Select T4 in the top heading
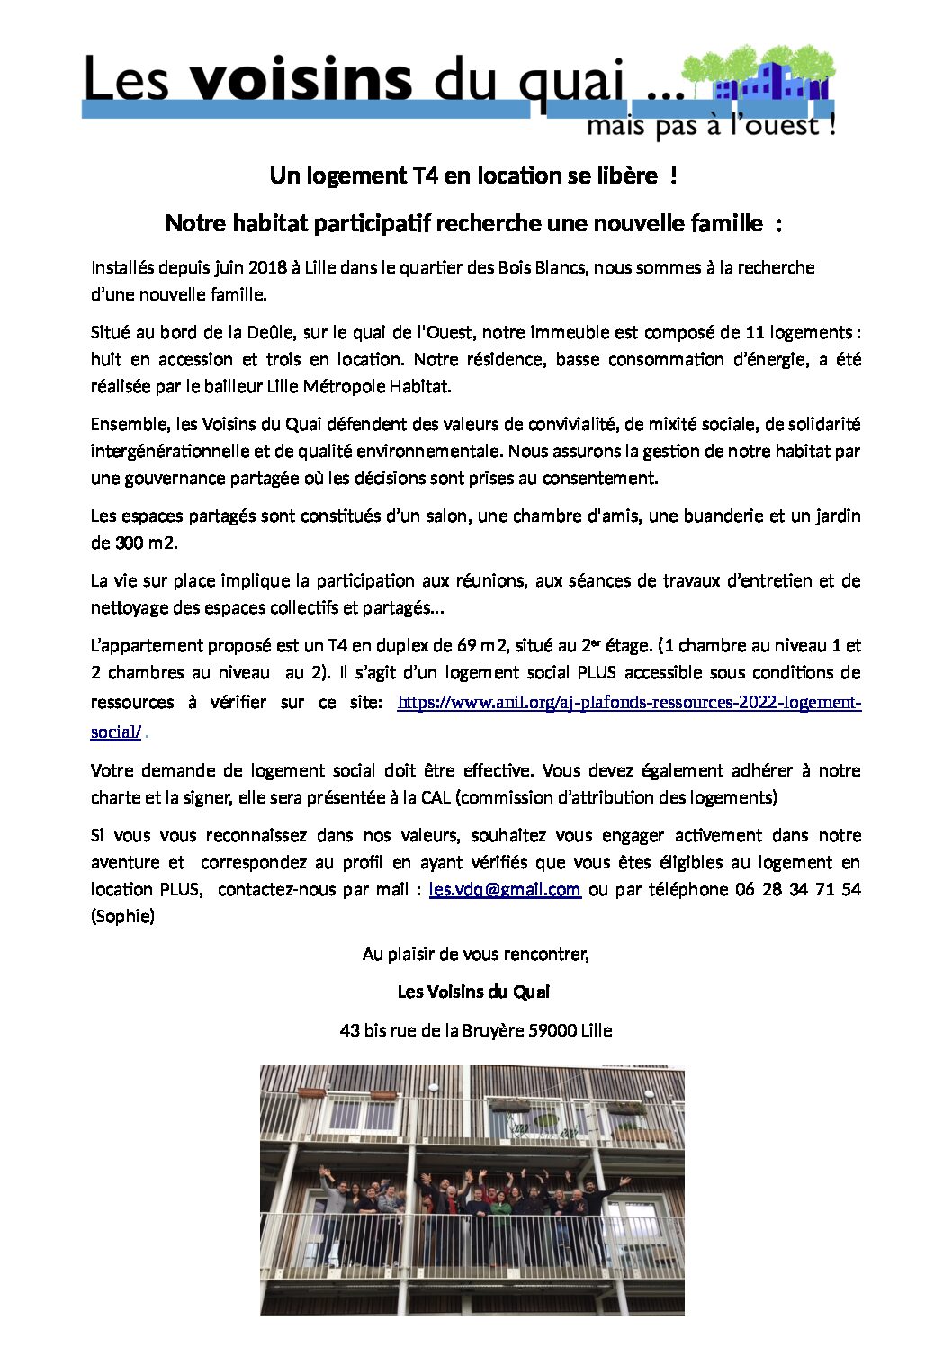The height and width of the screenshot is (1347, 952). (425, 175)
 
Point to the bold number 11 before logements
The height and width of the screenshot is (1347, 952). (755, 332)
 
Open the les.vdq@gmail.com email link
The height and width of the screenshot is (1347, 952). (505, 889)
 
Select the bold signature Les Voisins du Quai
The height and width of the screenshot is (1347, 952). (474, 992)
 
